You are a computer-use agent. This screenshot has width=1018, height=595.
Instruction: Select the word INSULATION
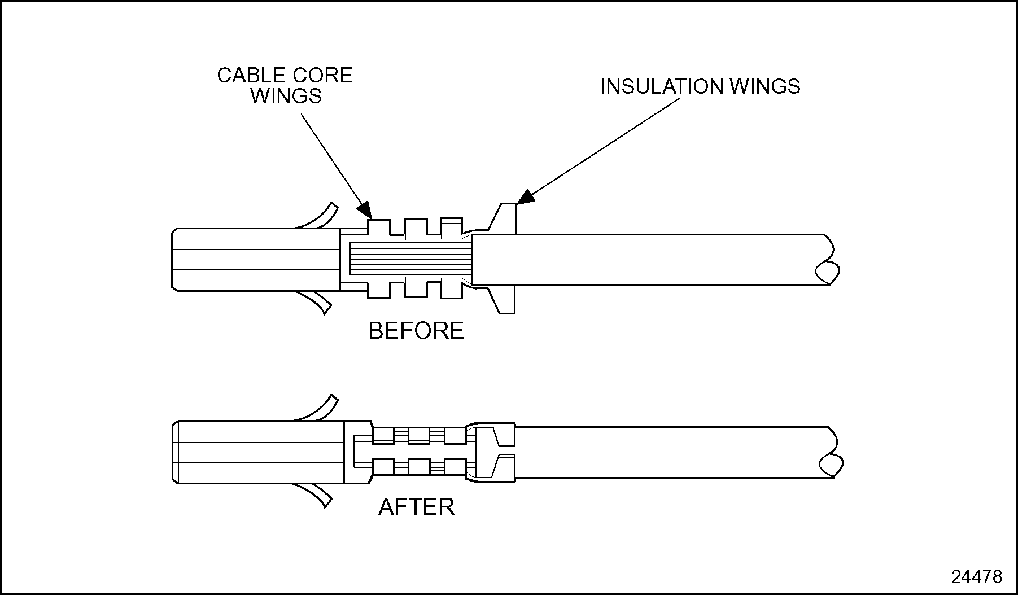660,86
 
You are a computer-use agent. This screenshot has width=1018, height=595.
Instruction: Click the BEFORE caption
416,331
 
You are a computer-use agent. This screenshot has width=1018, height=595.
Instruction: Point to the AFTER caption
416,507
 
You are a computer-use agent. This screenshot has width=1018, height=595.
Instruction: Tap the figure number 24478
977,576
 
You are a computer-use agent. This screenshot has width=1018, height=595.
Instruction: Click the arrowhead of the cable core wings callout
365,210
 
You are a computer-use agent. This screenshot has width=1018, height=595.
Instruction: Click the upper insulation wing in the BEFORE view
505,217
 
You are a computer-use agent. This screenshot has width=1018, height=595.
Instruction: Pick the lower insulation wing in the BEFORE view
505,300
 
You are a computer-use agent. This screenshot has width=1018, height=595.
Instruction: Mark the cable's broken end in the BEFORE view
827,260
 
